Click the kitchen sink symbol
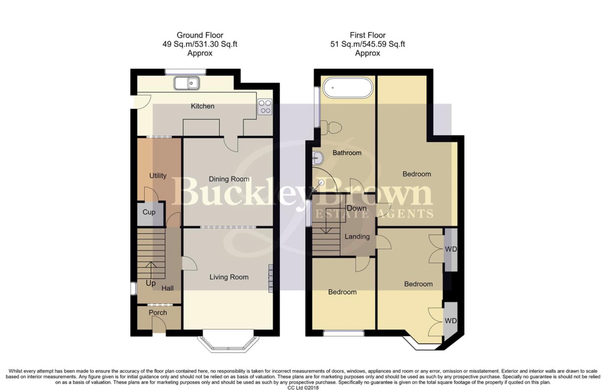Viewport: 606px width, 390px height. pyautogui.click(x=187, y=83)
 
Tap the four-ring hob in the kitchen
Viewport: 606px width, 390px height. pyautogui.click(x=265, y=107)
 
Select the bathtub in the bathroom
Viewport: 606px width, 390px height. pyautogui.click(x=347, y=87)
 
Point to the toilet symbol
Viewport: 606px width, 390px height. pyautogui.click(x=331, y=127)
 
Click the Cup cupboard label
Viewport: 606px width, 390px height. pyautogui.click(x=149, y=212)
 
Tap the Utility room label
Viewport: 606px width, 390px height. pyautogui.click(x=158, y=175)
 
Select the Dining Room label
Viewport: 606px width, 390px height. pyautogui.click(x=229, y=179)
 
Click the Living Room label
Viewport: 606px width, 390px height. pyautogui.click(x=229, y=277)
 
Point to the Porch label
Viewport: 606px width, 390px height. pyautogui.click(x=158, y=312)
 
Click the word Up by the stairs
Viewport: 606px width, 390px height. pyautogui.click(x=151, y=283)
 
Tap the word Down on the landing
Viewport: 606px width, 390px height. pyautogui.click(x=356, y=208)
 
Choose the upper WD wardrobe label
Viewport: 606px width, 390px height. pyautogui.click(x=450, y=249)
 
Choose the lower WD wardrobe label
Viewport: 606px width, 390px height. pyautogui.click(x=450, y=321)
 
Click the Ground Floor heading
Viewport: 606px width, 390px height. pyautogui.click(x=200, y=35)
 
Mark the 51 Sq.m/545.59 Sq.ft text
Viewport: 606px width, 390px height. pyautogui.click(x=367, y=44)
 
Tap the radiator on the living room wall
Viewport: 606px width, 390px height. pyautogui.click(x=270, y=278)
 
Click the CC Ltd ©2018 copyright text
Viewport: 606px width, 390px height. pyautogui.click(x=303, y=387)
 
